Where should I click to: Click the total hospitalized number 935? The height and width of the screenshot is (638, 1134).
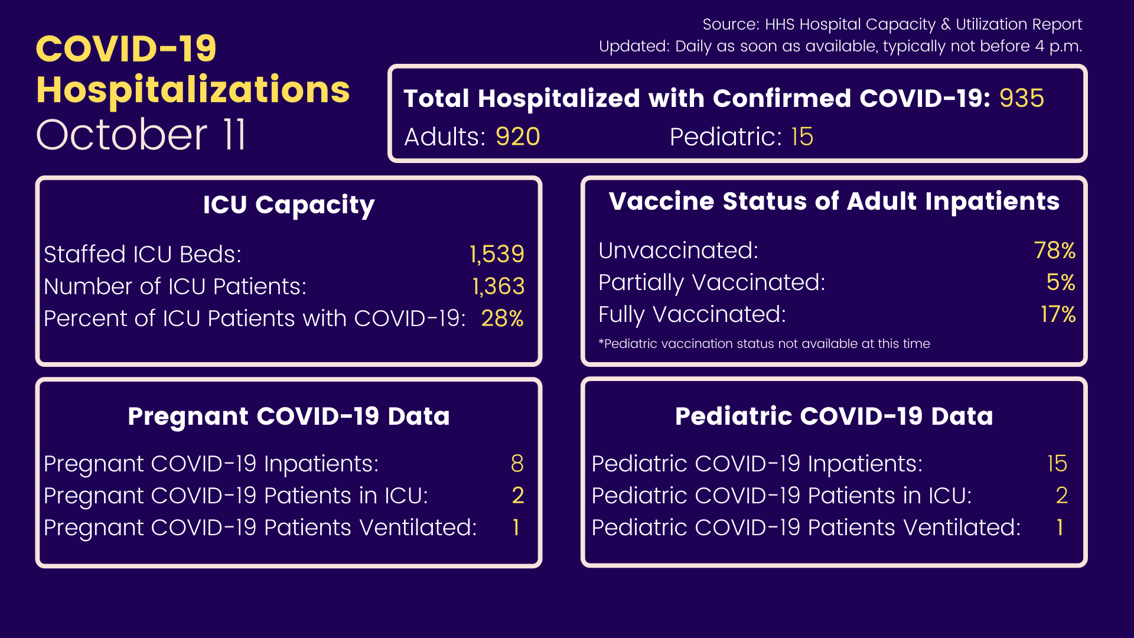[1022, 98]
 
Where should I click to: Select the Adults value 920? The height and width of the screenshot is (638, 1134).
[518, 136]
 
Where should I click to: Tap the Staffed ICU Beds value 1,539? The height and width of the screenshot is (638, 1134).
[497, 254]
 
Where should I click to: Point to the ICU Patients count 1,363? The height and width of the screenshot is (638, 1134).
[498, 287]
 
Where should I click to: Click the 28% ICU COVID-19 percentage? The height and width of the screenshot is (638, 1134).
[503, 318]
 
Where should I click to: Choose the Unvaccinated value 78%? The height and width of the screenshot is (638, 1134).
[1055, 250]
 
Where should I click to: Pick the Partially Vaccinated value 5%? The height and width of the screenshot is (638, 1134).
[1061, 282]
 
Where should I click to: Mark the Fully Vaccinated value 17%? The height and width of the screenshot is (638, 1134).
[1058, 314]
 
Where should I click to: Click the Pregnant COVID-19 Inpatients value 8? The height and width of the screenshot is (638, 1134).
[517, 464]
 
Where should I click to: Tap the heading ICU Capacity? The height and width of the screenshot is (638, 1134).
[289, 206]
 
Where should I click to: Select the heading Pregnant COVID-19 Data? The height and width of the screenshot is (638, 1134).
[289, 416]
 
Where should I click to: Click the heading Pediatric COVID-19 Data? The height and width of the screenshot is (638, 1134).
[834, 416]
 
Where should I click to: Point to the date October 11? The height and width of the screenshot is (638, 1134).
[141, 135]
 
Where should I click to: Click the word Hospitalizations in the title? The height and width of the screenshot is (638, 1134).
[193, 90]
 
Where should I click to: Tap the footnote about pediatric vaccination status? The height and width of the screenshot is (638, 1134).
[764, 344]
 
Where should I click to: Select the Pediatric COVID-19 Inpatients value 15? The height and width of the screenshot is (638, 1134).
[1057, 464]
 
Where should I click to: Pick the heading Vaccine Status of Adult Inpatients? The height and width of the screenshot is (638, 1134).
[834, 201]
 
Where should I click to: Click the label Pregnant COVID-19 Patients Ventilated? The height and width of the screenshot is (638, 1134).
[260, 528]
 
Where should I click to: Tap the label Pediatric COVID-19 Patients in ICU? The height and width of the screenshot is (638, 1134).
[782, 496]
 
